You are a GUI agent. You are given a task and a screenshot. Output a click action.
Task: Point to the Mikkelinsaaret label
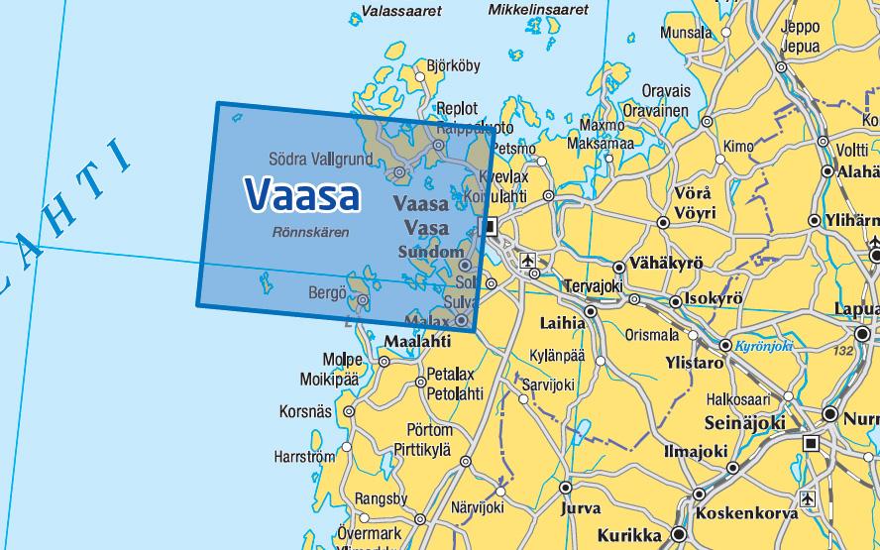pos(538,9)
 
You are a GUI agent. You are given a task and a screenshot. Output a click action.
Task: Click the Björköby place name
pos(453,67)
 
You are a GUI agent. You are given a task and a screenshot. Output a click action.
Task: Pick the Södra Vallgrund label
pos(320,159)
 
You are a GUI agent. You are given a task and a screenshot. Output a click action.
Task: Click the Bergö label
pos(327,292)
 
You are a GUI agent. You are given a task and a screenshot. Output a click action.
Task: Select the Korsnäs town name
pos(305,411)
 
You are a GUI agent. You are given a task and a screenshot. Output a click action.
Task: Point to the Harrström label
pos(304,458)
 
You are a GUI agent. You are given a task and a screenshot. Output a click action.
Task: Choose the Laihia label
pos(562,323)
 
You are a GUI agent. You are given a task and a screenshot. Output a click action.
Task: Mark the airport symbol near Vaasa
pos(527,261)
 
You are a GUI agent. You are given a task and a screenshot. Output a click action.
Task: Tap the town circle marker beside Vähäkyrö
pos(618,267)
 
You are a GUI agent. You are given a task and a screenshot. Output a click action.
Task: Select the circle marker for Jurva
pos(566,489)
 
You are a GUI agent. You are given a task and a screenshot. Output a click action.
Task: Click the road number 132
pos(843,351)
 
